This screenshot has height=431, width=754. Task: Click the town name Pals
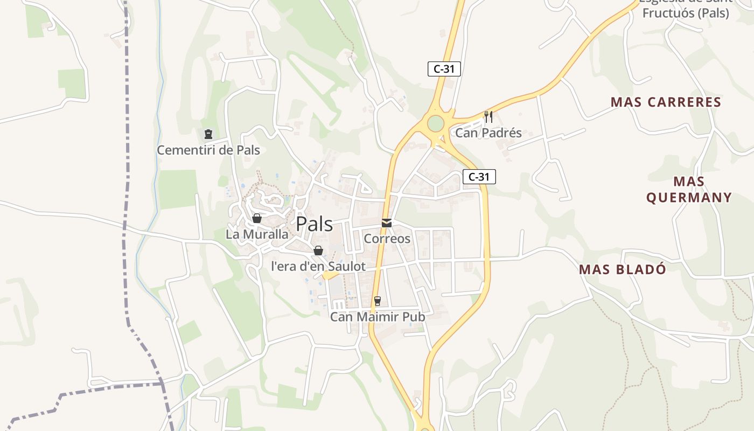tap(315, 224)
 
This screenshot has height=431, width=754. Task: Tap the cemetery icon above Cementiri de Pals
tap(208, 134)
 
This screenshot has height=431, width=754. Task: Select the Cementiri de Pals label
tap(208, 150)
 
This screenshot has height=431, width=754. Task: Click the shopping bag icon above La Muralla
tap(257, 218)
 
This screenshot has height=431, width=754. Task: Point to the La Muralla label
tap(257, 234)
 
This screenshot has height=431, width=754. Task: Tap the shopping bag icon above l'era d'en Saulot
tap(318, 251)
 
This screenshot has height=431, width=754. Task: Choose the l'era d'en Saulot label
tap(318, 266)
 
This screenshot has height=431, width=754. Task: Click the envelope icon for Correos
tap(387, 223)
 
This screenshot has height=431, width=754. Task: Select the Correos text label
tap(387, 238)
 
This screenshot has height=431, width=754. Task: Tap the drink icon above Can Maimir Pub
tap(378, 301)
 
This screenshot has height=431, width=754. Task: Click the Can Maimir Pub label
tap(378, 317)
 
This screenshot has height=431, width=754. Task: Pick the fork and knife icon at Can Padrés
tap(488, 116)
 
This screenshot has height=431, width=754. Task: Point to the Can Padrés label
tap(488, 133)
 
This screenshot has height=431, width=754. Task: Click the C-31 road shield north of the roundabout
tap(444, 69)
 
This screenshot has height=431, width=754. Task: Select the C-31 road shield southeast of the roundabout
tap(479, 177)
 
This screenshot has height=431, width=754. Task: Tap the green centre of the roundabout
tap(435, 124)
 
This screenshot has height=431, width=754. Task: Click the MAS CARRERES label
tap(666, 102)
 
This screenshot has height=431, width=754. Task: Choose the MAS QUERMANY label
tap(689, 189)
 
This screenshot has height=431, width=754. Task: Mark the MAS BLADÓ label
tap(623, 269)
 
